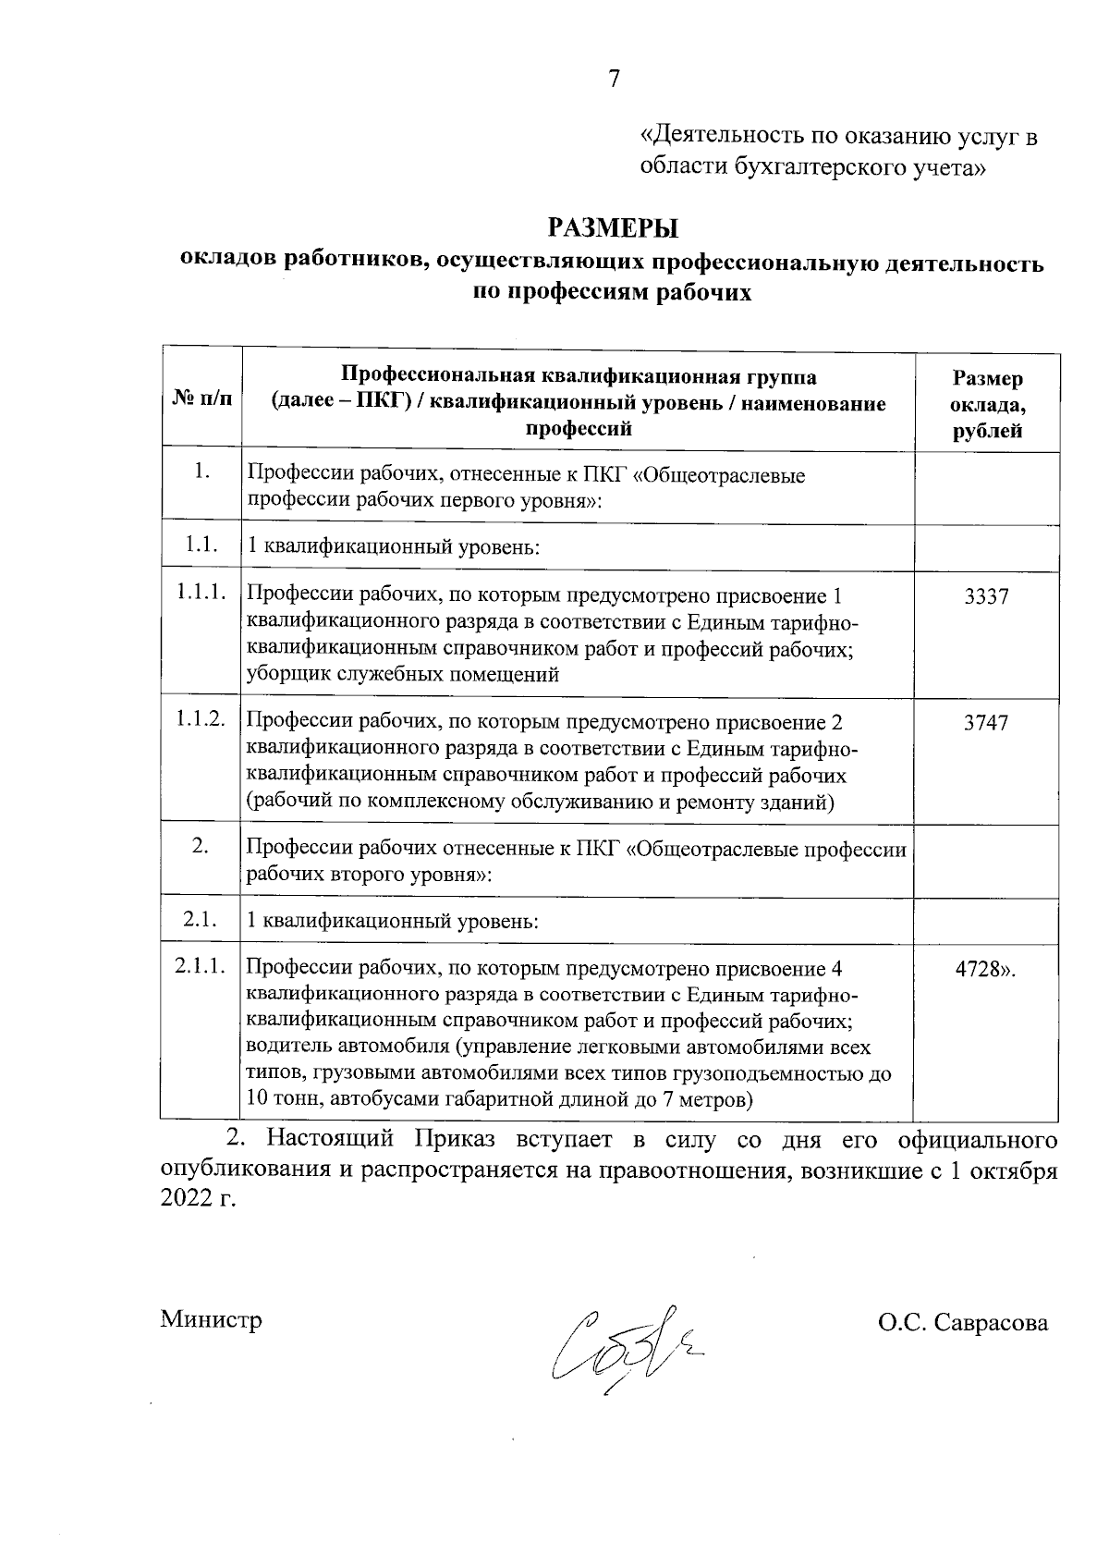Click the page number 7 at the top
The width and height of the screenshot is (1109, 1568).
pyautogui.click(x=613, y=80)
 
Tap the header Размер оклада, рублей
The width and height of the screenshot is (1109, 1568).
pyautogui.click(x=987, y=404)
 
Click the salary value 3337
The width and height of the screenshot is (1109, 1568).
pyautogui.click(x=986, y=597)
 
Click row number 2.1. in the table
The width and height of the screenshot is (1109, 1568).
pyautogui.click(x=200, y=920)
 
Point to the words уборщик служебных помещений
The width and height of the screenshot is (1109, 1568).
pyautogui.click(x=403, y=674)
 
